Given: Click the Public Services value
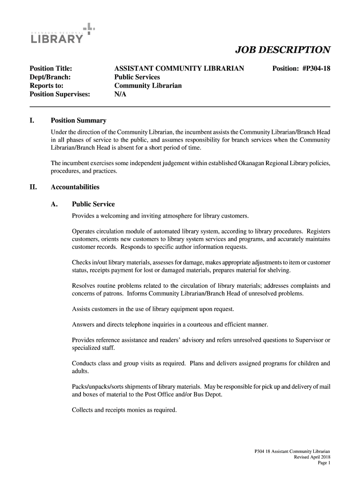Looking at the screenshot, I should tap(137, 77).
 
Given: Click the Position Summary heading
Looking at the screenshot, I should tap(78, 121).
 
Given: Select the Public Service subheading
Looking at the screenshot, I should tap(93, 204).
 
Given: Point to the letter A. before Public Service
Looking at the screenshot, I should tap(54, 204).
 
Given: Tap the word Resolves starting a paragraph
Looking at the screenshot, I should tap(85, 285).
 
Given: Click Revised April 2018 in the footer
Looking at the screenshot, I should tap(312, 457).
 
